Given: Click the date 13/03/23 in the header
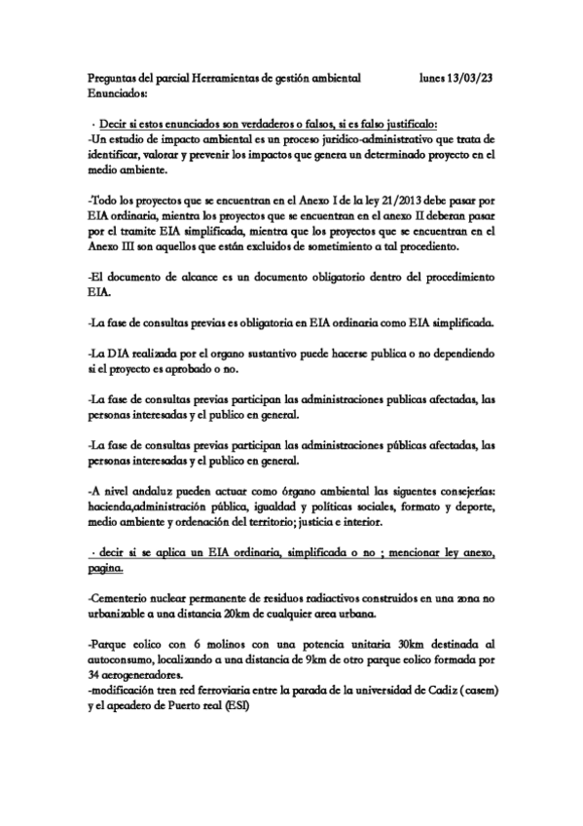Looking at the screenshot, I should click(x=473, y=77).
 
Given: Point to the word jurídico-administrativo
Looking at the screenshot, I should click(x=372, y=139).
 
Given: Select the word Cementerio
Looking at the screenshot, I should click(x=122, y=595).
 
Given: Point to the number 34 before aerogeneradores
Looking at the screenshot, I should click(x=93, y=673).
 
